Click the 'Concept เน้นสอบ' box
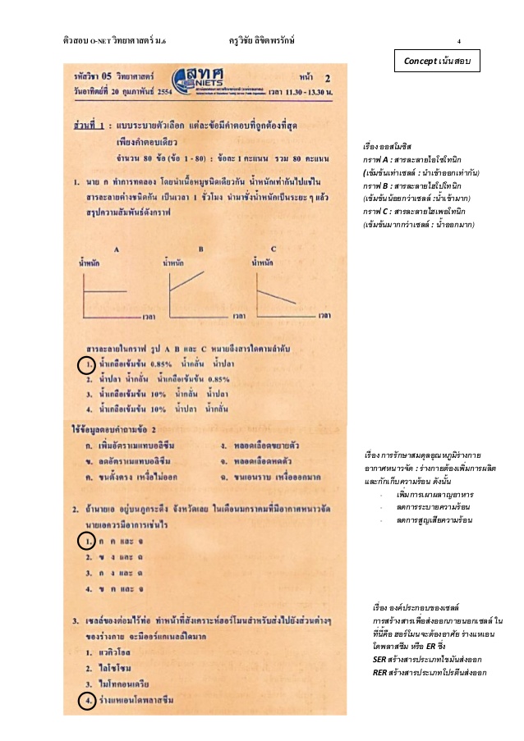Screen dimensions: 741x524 pyautogui.click(x=438, y=62)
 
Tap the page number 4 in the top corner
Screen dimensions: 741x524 pyautogui.click(x=458, y=40)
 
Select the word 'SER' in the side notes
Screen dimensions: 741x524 pyautogui.click(x=379, y=659)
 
